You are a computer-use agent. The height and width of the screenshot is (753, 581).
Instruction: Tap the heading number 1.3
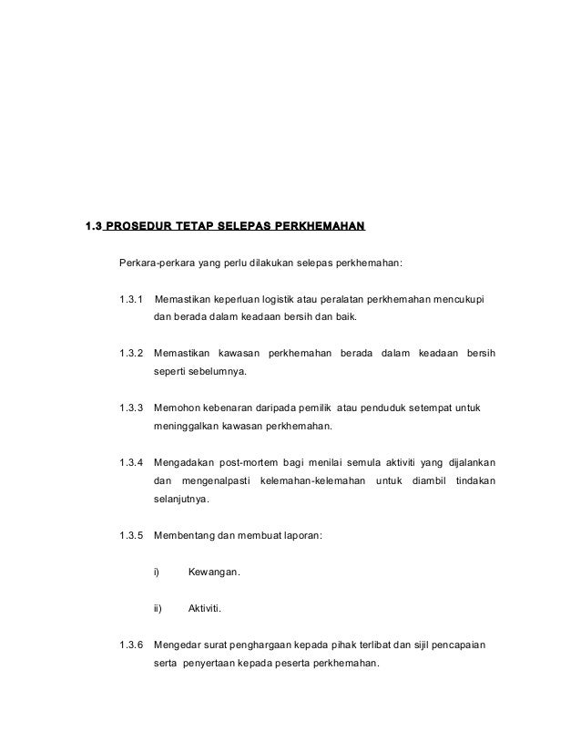point(94,225)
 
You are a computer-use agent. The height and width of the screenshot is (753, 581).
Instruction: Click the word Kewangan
point(214,572)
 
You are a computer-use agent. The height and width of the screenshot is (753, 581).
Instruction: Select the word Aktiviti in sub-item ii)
point(207,608)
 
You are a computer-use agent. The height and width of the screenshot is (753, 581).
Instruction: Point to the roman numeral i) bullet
point(156,572)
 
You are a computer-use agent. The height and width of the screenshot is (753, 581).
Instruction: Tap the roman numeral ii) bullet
point(157,608)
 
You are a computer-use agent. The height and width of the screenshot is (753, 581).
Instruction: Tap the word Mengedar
point(179,645)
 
